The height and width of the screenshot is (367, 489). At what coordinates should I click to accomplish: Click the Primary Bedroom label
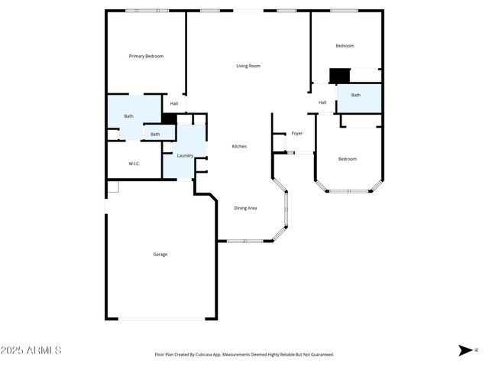(x=146, y=56)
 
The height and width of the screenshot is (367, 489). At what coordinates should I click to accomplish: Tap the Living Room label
(x=248, y=66)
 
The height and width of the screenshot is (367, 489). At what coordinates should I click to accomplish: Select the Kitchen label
(x=239, y=146)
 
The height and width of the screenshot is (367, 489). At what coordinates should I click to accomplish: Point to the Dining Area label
(x=245, y=208)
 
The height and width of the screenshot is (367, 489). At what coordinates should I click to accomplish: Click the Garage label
(x=160, y=254)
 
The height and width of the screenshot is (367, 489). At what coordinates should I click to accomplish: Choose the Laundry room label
(x=185, y=155)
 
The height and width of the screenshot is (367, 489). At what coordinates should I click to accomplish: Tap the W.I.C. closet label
(x=133, y=164)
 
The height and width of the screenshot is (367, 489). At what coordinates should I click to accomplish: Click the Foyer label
(x=297, y=133)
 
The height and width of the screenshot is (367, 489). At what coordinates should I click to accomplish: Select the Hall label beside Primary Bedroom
(x=174, y=103)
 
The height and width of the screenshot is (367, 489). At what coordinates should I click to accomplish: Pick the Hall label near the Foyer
(x=322, y=102)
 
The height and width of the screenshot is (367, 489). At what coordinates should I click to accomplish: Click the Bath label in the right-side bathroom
(x=355, y=95)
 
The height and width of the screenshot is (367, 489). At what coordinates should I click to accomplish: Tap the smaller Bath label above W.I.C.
(x=155, y=135)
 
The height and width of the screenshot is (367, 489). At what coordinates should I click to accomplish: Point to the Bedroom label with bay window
(x=348, y=158)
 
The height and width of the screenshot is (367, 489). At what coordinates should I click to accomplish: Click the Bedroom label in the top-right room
(x=345, y=46)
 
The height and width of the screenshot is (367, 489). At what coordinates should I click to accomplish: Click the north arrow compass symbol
(x=465, y=350)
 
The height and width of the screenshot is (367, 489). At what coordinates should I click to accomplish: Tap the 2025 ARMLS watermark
(x=31, y=350)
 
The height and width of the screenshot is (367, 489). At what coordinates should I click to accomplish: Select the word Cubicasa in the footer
(x=219, y=355)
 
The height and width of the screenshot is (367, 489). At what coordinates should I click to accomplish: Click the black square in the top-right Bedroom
(x=338, y=76)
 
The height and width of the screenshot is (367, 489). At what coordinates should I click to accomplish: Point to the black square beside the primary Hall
(x=169, y=119)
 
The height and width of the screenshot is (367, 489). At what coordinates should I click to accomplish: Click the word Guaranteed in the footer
(x=320, y=355)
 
